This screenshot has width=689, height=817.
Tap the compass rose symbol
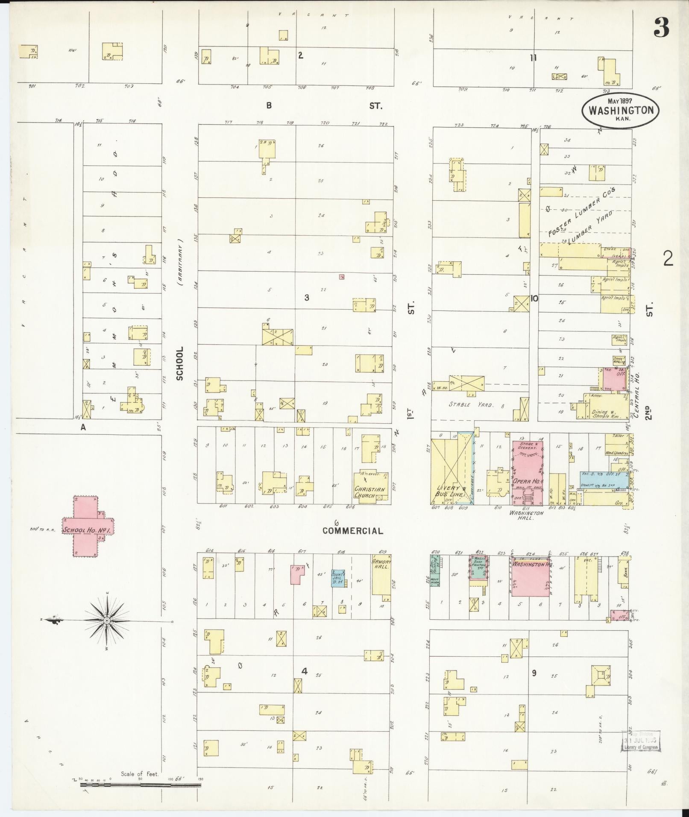coord(106,620)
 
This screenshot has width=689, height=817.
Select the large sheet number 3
coord(660,29)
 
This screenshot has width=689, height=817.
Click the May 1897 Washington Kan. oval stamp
coord(621,110)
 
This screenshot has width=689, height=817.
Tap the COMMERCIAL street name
coord(352,531)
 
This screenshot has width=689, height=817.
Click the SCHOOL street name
coord(179,363)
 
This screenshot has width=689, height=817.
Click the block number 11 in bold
coord(533,58)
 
